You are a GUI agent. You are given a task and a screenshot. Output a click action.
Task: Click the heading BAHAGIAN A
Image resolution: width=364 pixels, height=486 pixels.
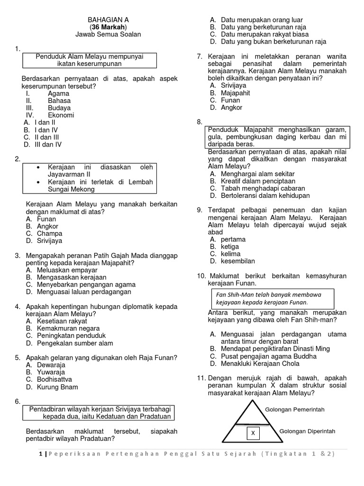pos(108,19)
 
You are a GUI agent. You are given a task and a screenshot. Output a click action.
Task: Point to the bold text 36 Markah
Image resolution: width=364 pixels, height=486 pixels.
pos(108,27)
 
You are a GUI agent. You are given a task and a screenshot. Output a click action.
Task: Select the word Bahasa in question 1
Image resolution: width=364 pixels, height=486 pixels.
pos(59,101)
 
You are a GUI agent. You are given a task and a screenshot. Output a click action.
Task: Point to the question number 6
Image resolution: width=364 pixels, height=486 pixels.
pos(18,402)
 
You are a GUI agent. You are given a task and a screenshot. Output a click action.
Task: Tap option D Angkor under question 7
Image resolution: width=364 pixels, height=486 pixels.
pos(231,107)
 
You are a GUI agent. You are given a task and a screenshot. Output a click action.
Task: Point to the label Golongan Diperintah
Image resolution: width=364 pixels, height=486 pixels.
pos(308,431)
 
